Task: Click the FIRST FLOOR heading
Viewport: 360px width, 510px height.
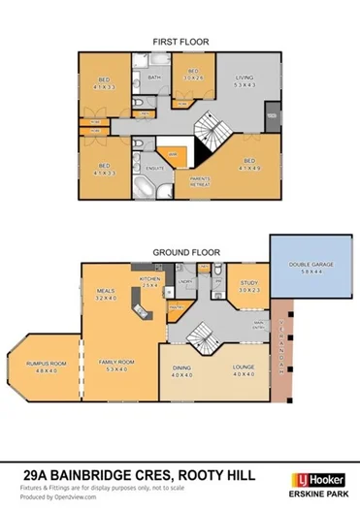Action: (180, 43)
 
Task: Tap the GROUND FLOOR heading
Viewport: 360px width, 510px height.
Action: (180, 252)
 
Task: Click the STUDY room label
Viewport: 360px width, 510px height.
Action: (249, 285)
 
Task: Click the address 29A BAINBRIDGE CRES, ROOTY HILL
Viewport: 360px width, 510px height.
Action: (139, 476)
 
